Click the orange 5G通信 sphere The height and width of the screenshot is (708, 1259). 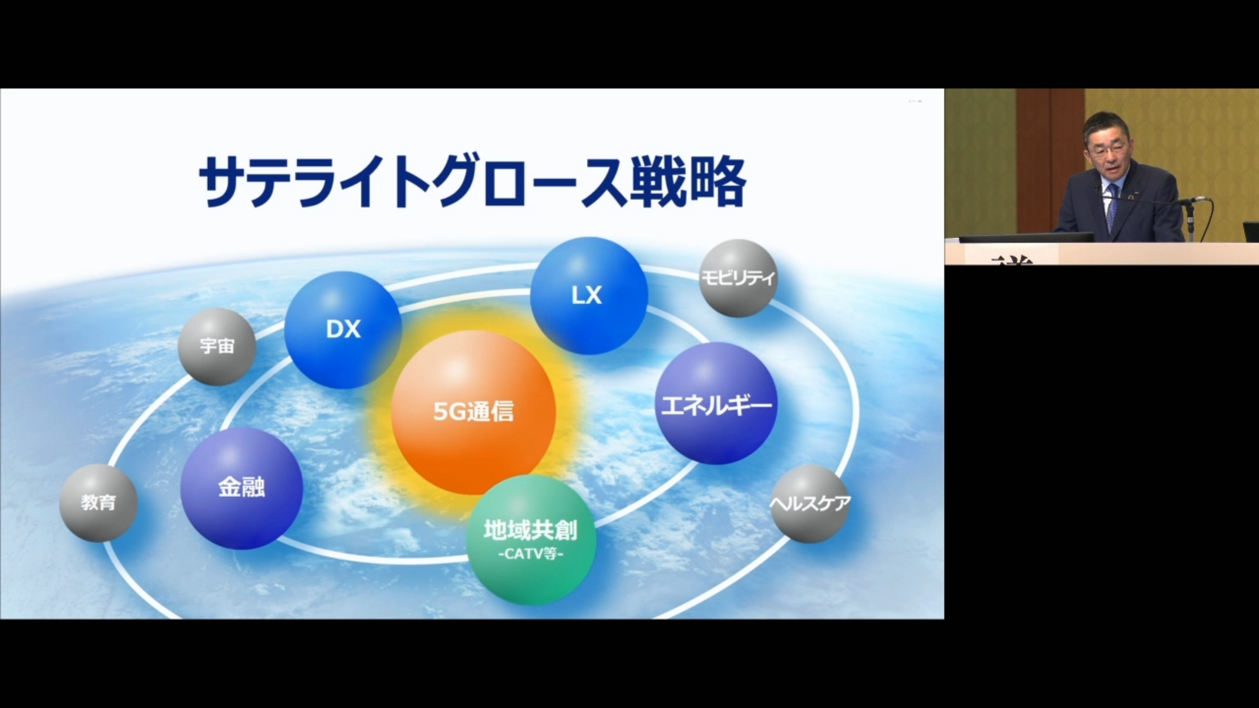473,412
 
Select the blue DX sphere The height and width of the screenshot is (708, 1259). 343,330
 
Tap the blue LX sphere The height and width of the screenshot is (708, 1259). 589,296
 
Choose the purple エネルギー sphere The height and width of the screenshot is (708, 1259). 716,403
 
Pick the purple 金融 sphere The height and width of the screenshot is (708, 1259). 241,488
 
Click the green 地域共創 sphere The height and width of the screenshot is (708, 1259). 531,540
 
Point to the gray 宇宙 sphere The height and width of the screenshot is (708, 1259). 217,346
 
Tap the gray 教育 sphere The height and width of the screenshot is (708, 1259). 98,503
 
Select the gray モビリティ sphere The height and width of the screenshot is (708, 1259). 738,278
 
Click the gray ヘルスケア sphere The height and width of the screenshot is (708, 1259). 810,503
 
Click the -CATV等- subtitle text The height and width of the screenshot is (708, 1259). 530,554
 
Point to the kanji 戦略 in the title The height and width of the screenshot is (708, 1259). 688,182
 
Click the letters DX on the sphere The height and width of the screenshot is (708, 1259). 343,329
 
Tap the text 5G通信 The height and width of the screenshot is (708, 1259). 473,412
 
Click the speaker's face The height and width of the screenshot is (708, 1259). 1108,150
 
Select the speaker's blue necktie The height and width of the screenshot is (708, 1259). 1111,207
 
